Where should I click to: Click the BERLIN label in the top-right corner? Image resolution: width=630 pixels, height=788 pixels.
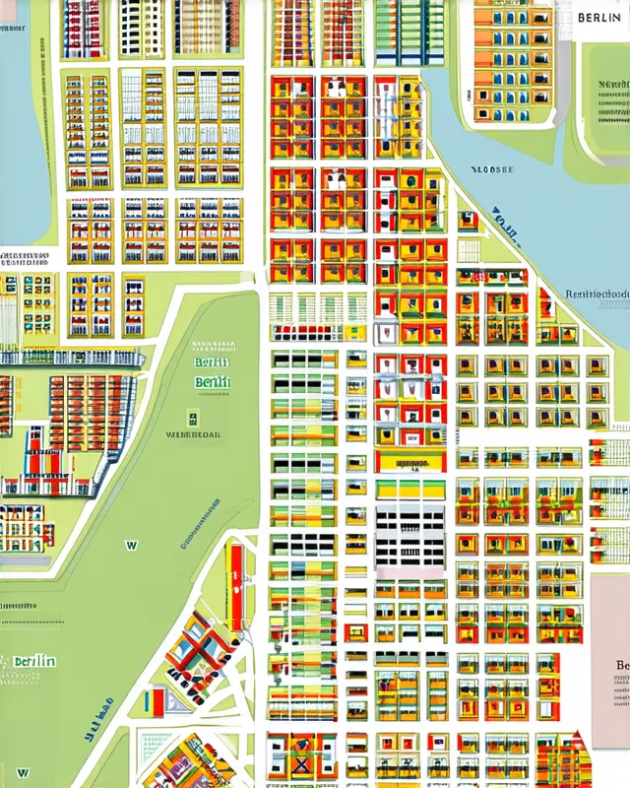coord(598,18)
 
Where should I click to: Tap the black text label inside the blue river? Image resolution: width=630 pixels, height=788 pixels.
coord(493,169)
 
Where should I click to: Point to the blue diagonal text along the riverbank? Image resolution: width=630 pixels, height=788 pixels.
coord(505,226)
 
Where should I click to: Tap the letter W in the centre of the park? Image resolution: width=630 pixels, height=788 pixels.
coord(131,544)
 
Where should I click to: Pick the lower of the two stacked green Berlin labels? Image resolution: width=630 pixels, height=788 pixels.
coord(213,382)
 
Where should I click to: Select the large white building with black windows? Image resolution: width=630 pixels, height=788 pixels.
coord(409,537)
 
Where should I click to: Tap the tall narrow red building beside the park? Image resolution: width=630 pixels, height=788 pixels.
coord(235,585)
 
